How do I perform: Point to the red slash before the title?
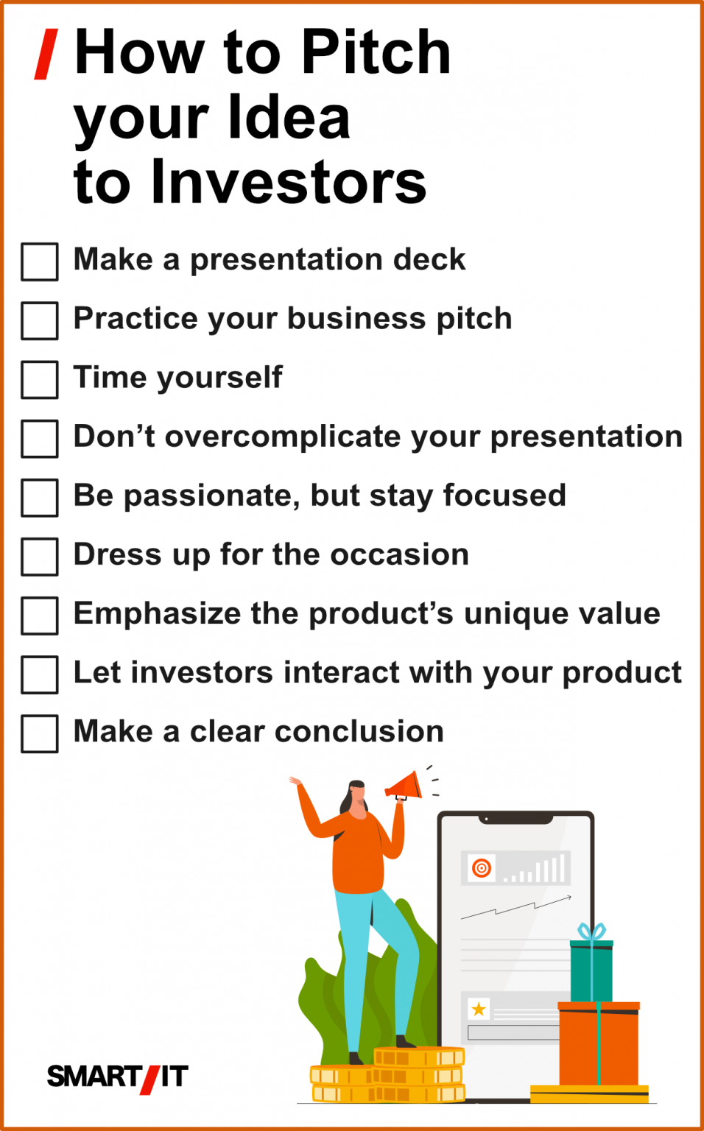(x=46, y=54)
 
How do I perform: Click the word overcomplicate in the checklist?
(x=283, y=436)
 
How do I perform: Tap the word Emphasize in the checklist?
(x=158, y=614)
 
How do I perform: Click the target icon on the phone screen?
(x=482, y=868)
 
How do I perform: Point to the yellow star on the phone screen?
(x=478, y=1010)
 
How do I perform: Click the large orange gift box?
(x=599, y=1043)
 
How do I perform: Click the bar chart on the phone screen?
(x=534, y=868)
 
